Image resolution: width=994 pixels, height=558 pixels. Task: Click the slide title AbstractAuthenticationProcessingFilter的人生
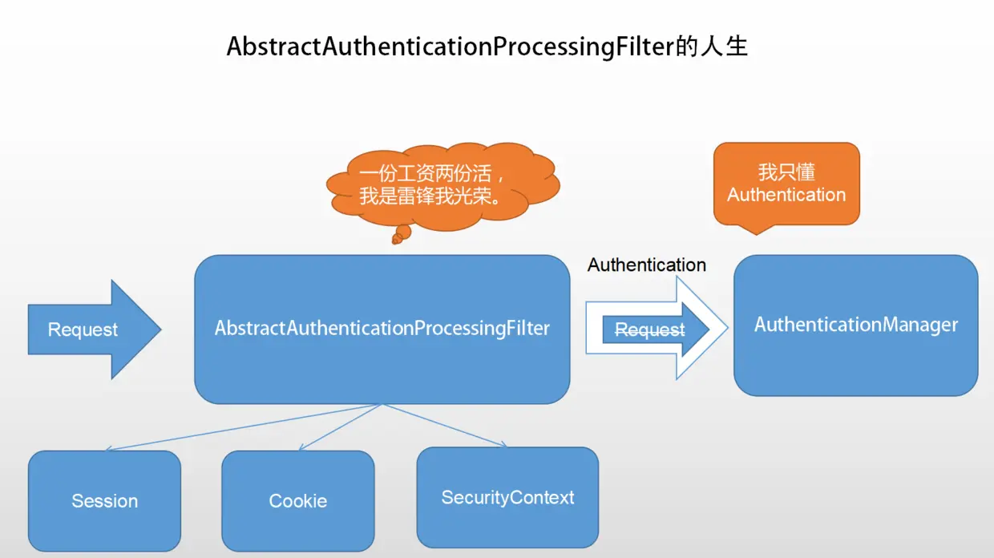pyautogui.click(x=487, y=46)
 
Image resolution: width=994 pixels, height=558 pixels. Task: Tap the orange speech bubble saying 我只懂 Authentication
pyautogui.click(x=786, y=184)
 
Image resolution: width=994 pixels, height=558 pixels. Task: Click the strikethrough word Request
pyautogui.click(x=649, y=330)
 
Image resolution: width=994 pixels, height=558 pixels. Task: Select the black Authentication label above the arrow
pyautogui.click(x=646, y=265)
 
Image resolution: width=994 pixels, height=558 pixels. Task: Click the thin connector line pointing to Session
pyautogui.click(x=240, y=427)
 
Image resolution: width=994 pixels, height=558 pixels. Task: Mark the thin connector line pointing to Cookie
pyautogui.click(x=341, y=427)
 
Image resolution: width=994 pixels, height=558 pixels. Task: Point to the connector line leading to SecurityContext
pyautogui.click(x=445, y=425)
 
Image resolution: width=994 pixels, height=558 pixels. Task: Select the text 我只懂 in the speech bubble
pyautogui.click(x=786, y=172)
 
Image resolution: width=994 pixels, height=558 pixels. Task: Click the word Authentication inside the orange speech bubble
pyautogui.click(x=786, y=195)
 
